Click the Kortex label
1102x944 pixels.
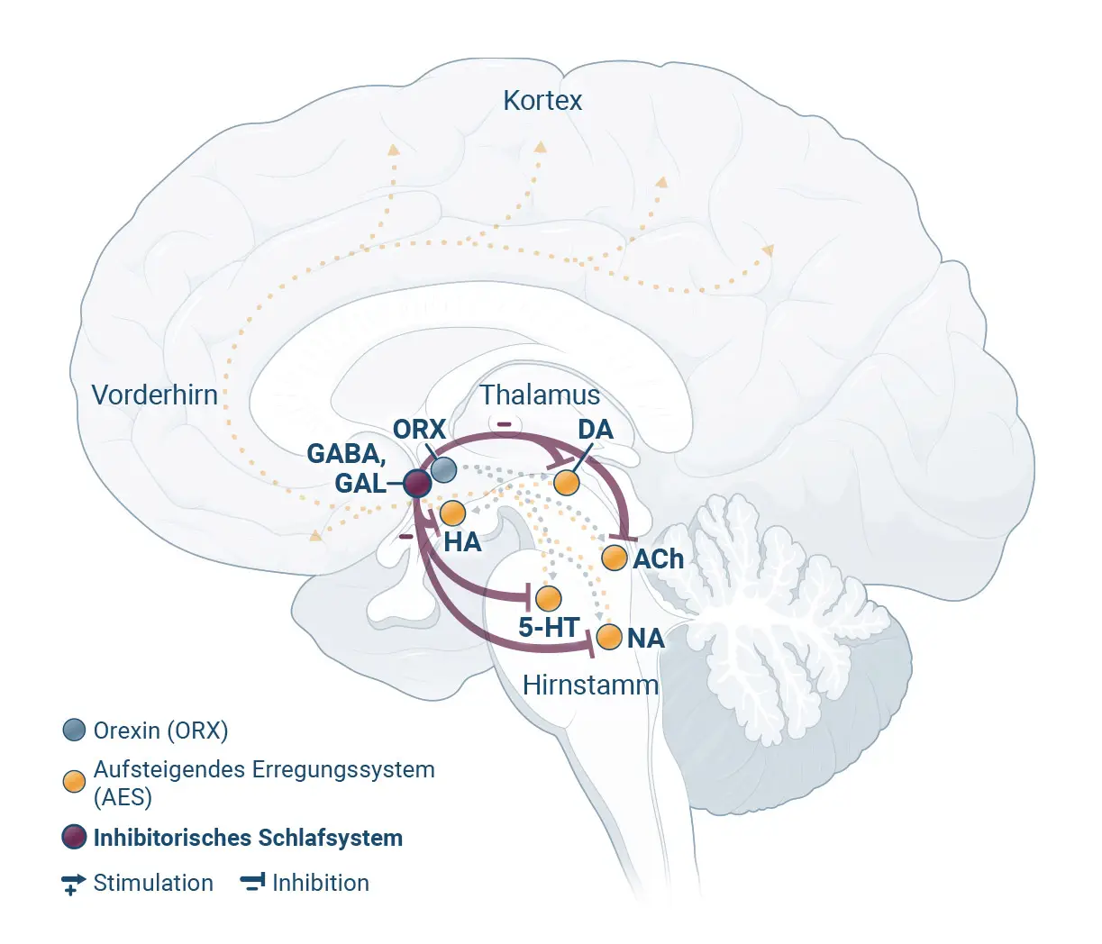(542, 100)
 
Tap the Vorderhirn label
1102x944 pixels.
(155, 395)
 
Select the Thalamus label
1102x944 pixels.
(540, 395)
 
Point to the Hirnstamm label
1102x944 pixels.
(590, 685)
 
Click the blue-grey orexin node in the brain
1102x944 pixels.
(443, 470)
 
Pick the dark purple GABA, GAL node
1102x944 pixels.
(417, 484)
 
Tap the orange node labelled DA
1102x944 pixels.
(566, 483)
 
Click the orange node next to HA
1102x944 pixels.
(452, 513)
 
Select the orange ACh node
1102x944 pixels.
(615, 558)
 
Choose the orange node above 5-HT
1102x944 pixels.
(548, 598)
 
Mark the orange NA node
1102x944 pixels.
(609, 637)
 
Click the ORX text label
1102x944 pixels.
(419, 429)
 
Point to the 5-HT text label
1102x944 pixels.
(549, 627)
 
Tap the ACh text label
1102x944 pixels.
(659, 558)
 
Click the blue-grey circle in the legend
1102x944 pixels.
(74, 730)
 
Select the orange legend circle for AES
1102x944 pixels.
(74, 782)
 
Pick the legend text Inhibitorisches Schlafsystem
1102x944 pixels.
(248, 838)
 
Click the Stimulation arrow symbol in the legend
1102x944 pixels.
(73, 884)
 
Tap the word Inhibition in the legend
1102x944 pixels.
(321, 883)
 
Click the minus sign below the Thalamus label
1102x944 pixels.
(504, 424)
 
